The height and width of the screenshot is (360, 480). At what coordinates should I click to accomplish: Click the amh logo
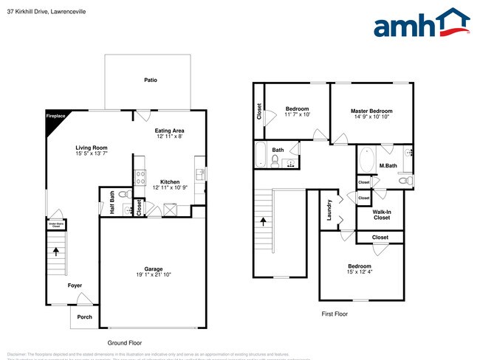[421, 24]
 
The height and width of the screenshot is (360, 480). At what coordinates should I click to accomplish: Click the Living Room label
[92, 148]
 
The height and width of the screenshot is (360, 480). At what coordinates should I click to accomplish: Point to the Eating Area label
[169, 131]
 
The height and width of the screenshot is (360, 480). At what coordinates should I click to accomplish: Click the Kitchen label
[171, 181]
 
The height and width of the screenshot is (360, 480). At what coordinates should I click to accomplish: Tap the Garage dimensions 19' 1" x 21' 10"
[153, 275]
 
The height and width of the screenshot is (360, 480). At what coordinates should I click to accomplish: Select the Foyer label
[75, 285]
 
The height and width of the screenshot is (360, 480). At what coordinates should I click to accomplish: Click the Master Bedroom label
[371, 111]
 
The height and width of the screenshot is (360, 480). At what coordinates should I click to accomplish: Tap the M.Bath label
[388, 166]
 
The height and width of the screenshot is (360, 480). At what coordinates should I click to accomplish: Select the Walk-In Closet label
[381, 215]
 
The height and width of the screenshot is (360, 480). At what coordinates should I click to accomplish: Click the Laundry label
[329, 211]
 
